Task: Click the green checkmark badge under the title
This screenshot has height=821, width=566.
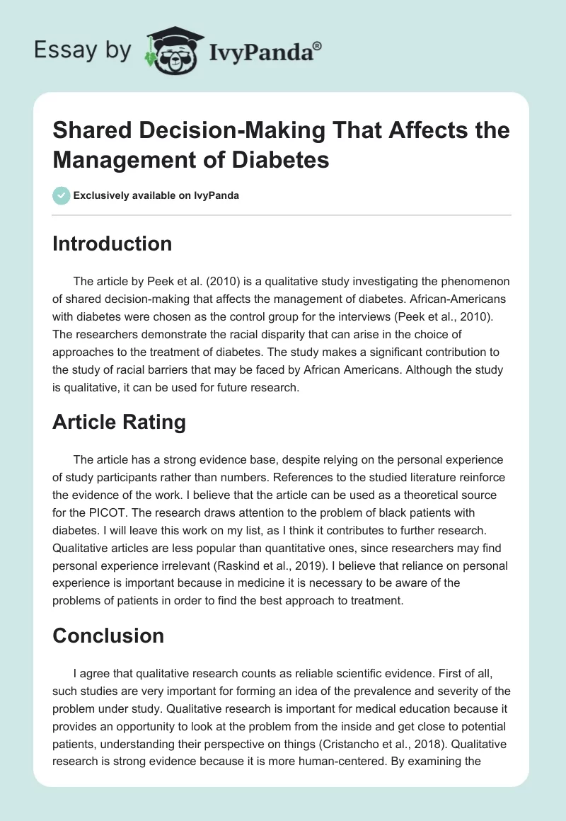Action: (61, 195)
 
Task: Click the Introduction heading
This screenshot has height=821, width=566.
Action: (112, 243)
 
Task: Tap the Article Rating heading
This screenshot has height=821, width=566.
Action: (119, 423)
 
